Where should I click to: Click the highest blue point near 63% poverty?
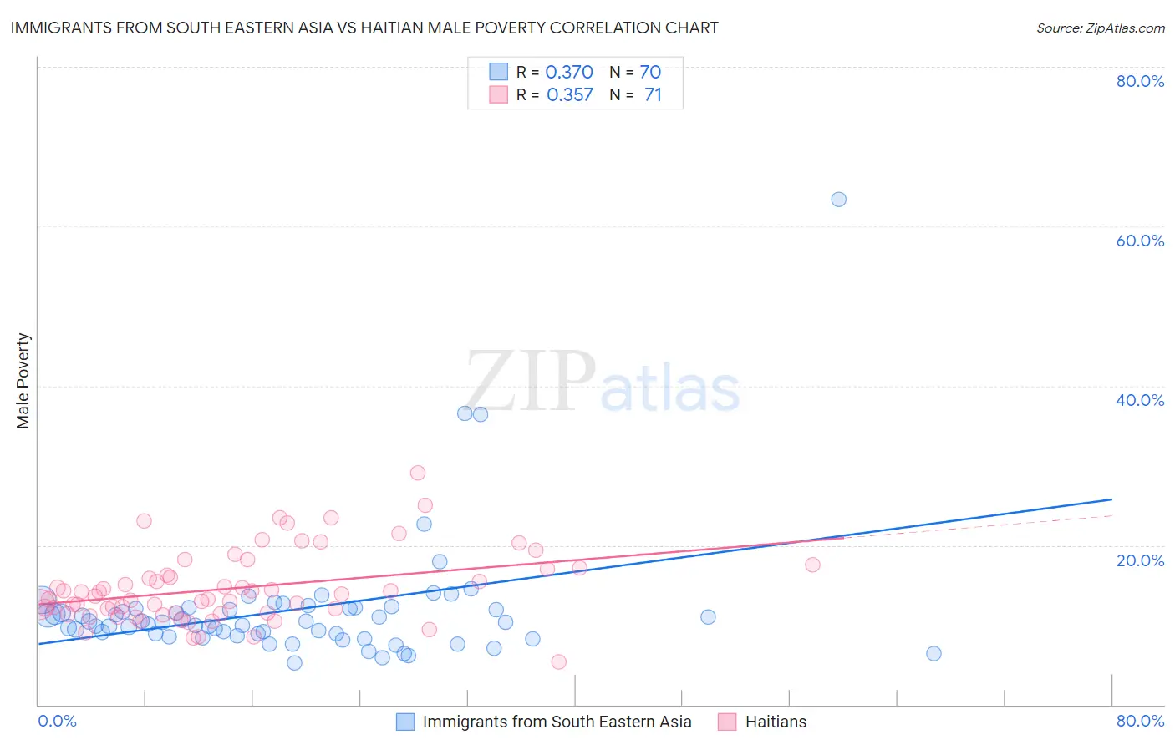pos(838,200)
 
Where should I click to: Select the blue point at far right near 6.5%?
pos(933,653)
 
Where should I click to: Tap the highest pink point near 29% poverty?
pos(418,473)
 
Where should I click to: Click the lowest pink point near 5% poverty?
pos(558,661)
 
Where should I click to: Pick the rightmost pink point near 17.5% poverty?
pos(812,565)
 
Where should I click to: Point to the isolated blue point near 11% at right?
pos(708,617)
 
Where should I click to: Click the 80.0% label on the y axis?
pos(1140,81)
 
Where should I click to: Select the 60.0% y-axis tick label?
pos(1140,241)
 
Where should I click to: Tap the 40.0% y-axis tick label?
pos(1140,400)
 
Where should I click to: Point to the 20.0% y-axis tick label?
pos(1140,560)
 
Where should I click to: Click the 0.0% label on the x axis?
pos(57,721)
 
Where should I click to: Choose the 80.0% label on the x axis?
pos(1140,721)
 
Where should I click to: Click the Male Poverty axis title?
pos(23,381)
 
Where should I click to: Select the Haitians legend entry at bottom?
pos(776,722)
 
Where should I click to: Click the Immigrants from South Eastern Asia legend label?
pos(557,722)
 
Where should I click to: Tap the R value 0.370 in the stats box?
pos(569,73)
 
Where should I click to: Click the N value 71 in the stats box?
pos(653,95)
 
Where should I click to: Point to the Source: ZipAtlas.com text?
pos(1100,28)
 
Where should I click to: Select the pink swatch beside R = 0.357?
pos(499,94)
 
